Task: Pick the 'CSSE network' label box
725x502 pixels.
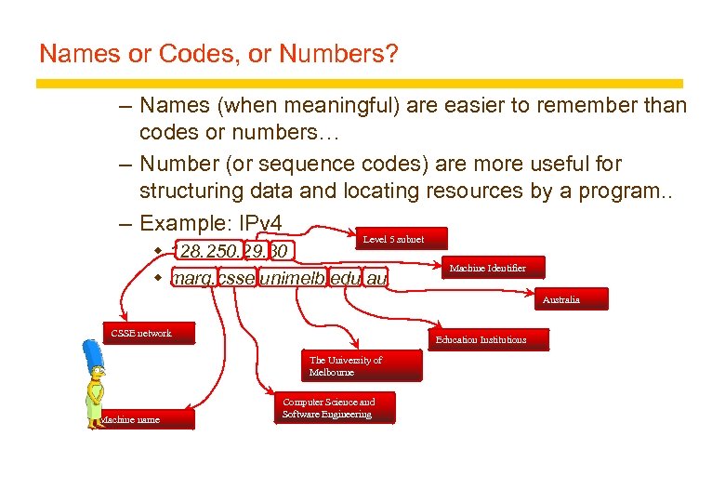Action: click(148, 333)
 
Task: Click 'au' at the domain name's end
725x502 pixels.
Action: click(376, 278)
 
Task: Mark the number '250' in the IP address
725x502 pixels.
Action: click(221, 252)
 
